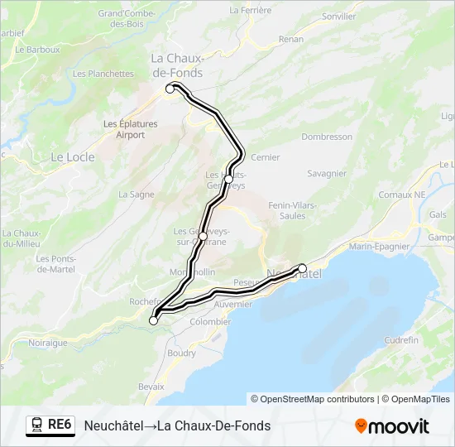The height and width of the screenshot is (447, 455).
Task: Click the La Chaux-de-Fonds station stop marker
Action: (170, 89)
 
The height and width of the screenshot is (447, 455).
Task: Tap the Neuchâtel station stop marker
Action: (302, 267)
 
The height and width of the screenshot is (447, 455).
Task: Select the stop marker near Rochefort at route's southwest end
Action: (153, 320)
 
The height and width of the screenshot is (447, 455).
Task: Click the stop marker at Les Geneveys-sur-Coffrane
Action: (203, 236)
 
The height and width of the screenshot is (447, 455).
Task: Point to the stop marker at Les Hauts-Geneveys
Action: (228, 179)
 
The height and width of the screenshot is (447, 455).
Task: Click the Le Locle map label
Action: (73, 156)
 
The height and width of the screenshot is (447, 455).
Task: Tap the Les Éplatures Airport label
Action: (130, 129)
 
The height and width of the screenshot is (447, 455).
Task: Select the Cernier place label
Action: (265, 156)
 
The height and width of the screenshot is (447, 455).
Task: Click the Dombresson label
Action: (328, 137)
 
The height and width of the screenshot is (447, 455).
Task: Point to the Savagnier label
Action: (327, 174)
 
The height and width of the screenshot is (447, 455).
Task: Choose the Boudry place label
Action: (181, 353)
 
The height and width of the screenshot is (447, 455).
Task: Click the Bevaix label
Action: (151, 387)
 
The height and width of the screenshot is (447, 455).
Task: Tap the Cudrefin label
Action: (402, 339)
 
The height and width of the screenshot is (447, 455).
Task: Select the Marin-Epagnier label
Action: (379, 246)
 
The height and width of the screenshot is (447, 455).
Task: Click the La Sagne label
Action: (136, 195)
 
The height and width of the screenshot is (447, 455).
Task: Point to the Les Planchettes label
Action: (103, 74)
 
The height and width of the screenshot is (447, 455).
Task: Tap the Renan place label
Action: (291, 61)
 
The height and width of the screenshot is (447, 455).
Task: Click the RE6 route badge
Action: (50, 425)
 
